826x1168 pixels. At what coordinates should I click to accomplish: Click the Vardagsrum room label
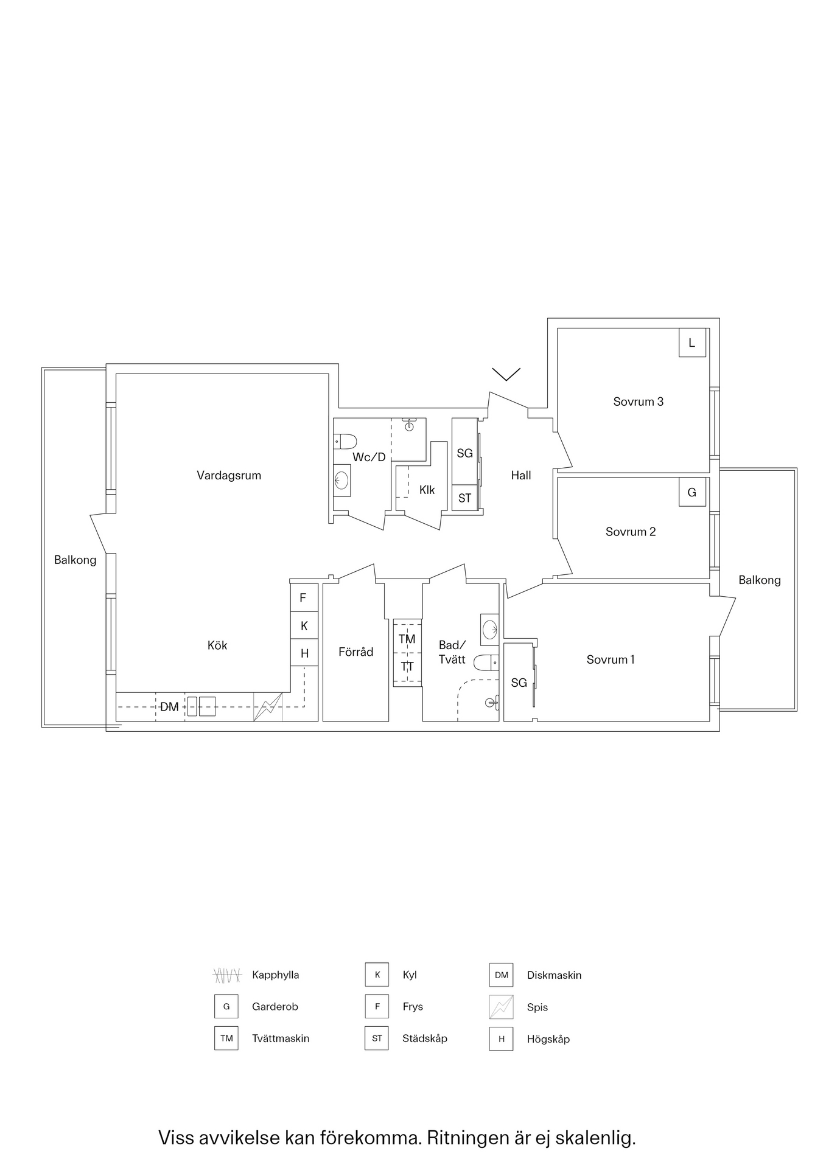pyautogui.click(x=229, y=475)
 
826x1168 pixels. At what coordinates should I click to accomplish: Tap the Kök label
pyautogui.click(x=217, y=645)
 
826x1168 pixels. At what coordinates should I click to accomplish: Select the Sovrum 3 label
pyautogui.click(x=638, y=401)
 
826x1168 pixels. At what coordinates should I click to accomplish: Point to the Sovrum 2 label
pyautogui.click(x=631, y=532)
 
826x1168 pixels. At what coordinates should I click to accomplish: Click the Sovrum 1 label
pyautogui.click(x=611, y=659)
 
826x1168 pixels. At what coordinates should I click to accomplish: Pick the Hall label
pyautogui.click(x=521, y=475)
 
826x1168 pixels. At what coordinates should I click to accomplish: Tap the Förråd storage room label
pyautogui.click(x=355, y=652)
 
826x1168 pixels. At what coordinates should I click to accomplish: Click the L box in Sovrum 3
pyautogui.click(x=692, y=342)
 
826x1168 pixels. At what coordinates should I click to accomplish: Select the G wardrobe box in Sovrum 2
pyautogui.click(x=692, y=492)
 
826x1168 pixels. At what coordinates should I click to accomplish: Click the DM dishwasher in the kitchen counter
pyautogui.click(x=170, y=707)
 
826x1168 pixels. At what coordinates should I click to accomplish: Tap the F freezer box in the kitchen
pyautogui.click(x=303, y=598)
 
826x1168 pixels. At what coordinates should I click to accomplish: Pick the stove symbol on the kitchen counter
pyautogui.click(x=268, y=707)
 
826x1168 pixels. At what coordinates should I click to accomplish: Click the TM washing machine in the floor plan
pyautogui.click(x=407, y=639)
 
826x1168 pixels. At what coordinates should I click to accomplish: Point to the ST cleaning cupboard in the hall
pyautogui.click(x=464, y=498)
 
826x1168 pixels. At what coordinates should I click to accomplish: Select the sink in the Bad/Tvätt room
pyautogui.click(x=490, y=628)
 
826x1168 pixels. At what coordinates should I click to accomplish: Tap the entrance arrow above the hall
pyautogui.click(x=506, y=374)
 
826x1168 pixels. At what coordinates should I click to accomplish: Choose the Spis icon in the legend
pyautogui.click(x=501, y=1007)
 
